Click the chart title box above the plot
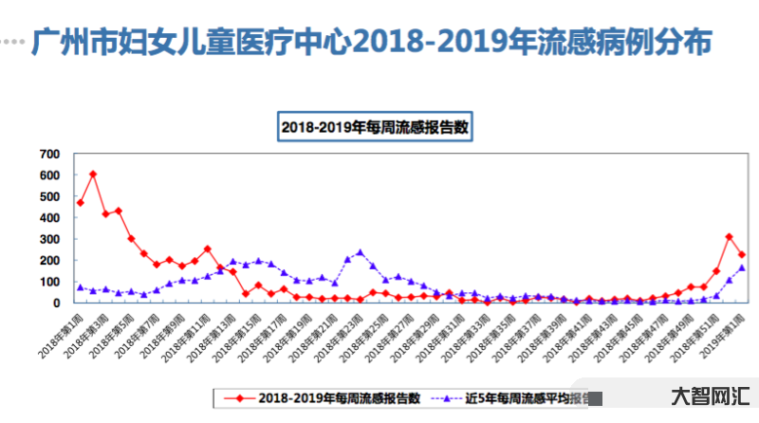[375, 126]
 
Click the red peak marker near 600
[93, 174]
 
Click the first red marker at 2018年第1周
[81, 202]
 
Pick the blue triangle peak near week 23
[360, 252]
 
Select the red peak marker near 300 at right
[729, 237]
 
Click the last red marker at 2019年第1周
[741, 255]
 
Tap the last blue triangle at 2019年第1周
[741, 267]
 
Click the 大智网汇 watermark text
[711, 396]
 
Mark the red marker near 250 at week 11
[207, 249]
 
